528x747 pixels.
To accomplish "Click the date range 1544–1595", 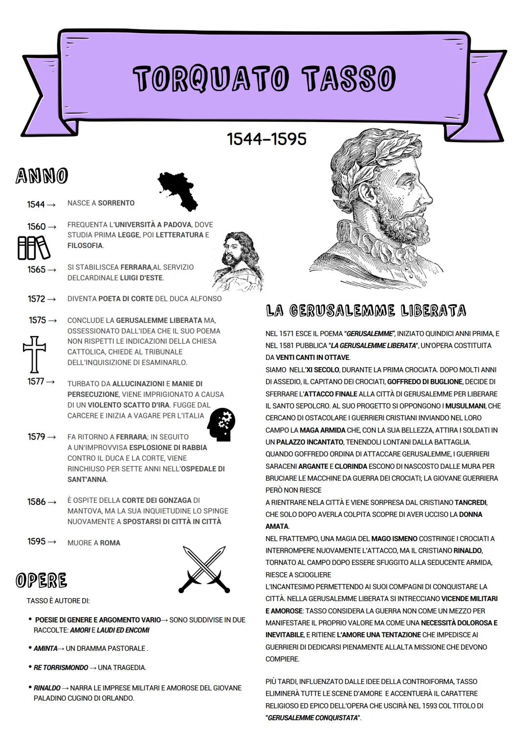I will click(x=266, y=139).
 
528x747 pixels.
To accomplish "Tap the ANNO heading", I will click(x=42, y=176).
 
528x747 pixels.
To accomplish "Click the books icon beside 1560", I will click(x=34, y=248).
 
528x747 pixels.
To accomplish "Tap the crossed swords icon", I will click(x=204, y=569).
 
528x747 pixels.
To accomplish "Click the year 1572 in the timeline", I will click(x=37, y=299).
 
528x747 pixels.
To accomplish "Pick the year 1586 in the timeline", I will click(x=37, y=502).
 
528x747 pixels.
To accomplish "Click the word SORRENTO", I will click(x=116, y=203).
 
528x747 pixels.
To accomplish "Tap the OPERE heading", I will click(x=42, y=581).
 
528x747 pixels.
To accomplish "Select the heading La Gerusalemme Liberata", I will click(x=366, y=311).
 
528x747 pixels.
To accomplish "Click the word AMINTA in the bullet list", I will click(x=45, y=648).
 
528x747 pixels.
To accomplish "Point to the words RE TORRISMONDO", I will click(x=61, y=667).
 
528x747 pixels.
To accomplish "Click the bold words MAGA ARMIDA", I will click(x=319, y=430).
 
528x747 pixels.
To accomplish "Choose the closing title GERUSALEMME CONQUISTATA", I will click(x=313, y=718).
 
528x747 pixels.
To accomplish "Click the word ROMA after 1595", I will click(x=110, y=543).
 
